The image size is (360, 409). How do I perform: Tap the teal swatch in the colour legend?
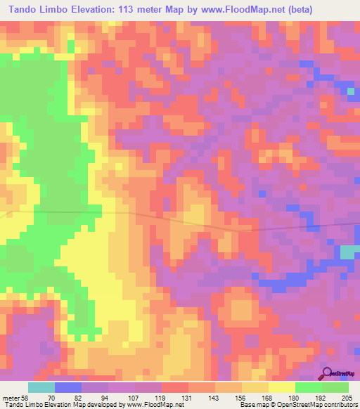(41, 387)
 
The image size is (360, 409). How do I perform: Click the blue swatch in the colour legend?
(68, 387)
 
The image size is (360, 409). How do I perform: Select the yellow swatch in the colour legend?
(282, 387)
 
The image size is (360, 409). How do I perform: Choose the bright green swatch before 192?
(308, 387)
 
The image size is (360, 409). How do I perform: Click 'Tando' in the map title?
(24, 9)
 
